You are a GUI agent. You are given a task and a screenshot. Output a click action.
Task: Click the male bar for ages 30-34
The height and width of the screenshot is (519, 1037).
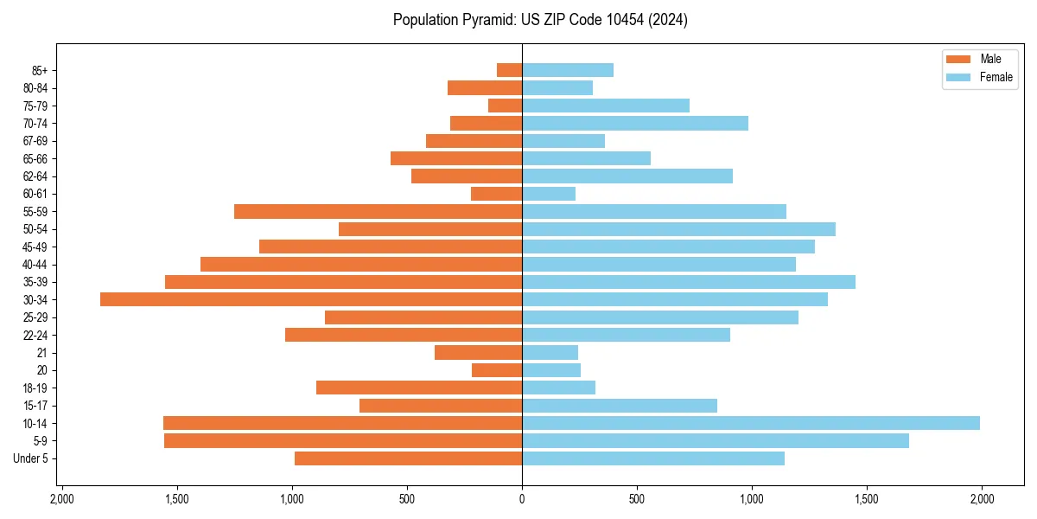311,299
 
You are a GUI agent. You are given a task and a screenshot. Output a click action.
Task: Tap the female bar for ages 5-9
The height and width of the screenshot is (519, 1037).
715,440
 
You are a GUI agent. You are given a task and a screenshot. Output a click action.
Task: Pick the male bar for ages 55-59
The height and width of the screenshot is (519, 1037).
378,211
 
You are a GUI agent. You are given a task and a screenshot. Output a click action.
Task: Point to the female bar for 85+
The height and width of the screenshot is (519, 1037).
567,70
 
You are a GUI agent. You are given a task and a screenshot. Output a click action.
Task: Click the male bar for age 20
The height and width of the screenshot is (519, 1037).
497,370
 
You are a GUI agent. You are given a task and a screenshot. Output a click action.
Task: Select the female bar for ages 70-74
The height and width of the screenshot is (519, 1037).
634,123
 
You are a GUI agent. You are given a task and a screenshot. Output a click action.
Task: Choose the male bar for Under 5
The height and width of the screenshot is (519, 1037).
408,458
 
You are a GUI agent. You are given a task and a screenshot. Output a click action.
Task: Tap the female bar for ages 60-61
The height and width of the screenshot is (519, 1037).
548,194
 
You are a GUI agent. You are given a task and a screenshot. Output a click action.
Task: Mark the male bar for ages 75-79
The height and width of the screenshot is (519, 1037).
505,106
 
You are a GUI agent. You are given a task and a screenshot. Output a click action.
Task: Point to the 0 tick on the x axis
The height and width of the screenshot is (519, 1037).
522,499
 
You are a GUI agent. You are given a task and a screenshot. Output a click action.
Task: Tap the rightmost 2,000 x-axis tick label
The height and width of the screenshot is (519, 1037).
982,499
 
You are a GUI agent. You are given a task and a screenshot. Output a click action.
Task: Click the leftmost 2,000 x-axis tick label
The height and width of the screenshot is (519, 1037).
62,499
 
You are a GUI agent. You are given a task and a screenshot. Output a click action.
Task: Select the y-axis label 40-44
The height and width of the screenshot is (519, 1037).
35,265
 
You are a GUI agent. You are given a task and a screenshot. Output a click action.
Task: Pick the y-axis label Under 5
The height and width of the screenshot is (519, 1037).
30,458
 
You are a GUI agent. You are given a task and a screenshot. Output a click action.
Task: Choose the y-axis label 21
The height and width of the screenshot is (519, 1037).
42,353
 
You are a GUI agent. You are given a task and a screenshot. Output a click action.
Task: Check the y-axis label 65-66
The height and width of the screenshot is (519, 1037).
35,158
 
